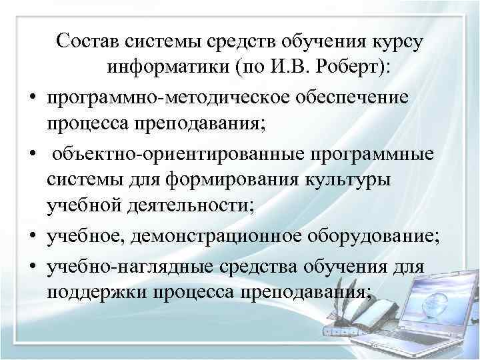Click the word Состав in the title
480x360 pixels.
pyautogui.click(x=86, y=42)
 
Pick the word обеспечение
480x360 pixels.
pyautogui.click(x=351, y=97)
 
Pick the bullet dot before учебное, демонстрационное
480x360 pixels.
pyautogui.click(x=32, y=238)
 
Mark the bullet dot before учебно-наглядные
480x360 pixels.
pyautogui.click(x=32, y=266)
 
